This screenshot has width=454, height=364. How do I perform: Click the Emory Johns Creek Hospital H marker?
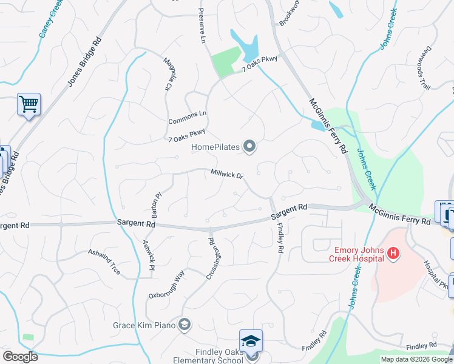pyautogui.click(x=393, y=252)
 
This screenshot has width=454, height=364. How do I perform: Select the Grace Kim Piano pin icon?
pyautogui.click(x=185, y=326)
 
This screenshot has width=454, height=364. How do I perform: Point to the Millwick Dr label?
pyautogui.click(x=227, y=174)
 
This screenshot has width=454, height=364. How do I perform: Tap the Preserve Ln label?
pyautogui.click(x=203, y=25)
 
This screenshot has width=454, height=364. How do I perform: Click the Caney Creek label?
pyautogui.click(x=51, y=19)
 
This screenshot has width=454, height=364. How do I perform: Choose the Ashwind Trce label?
pyautogui.click(x=104, y=261)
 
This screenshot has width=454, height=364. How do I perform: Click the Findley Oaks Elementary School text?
pyautogui.click(x=219, y=356)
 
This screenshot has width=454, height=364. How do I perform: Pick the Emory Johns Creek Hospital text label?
pyautogui.click(x=357, y=254)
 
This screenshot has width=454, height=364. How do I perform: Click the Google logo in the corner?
pyautogui.click(x=20, y=357)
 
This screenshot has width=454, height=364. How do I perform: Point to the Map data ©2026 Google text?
pyautogui.click(x=416, y=359)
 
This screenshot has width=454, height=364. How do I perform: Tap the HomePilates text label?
pyautogui.click(x=215, y=147)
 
